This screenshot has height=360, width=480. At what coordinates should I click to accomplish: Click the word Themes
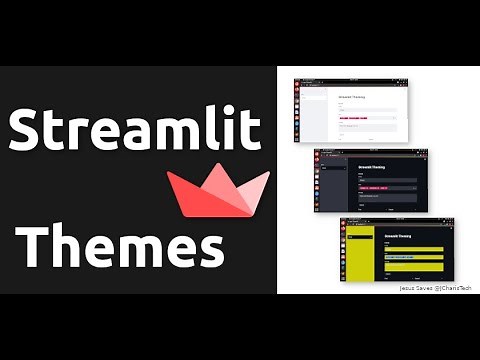121,243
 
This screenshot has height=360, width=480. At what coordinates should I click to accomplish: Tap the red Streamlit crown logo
218,190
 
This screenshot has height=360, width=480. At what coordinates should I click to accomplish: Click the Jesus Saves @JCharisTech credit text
432,287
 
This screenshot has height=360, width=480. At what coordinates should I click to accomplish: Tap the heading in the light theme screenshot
352,97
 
